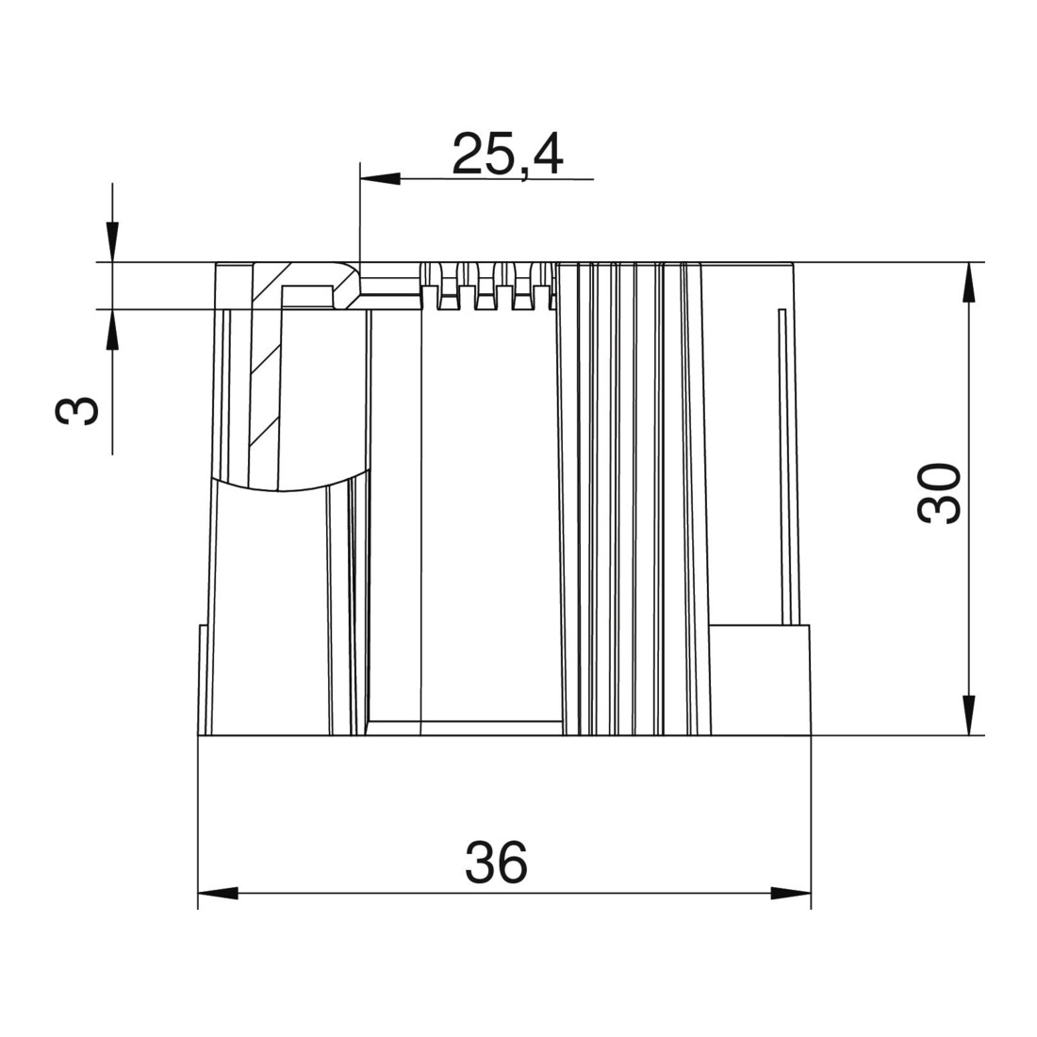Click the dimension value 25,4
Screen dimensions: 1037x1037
pyautogui.click(x=508, y=155)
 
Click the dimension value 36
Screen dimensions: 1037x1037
pyautogui.click(x=497, y=863)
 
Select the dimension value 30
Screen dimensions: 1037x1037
pyautogui.click(x=939, y=493)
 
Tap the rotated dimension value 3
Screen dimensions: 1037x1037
pyautogui.click(x=76, y=411)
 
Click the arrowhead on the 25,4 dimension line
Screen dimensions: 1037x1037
pyautogui.click(x=380, y=178)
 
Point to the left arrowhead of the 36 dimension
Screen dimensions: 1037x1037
pyautogui.click(x=219, y=894)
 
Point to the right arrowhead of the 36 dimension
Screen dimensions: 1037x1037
pyautogui.click(x=791, y=894)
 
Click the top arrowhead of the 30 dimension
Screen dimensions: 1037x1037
pyautogui.click(x=969, y=283)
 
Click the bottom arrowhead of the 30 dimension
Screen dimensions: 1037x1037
pyautogui.click(x=969, y=715)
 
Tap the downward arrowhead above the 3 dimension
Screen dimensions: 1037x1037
pyautogui.click(x=112, y=242)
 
